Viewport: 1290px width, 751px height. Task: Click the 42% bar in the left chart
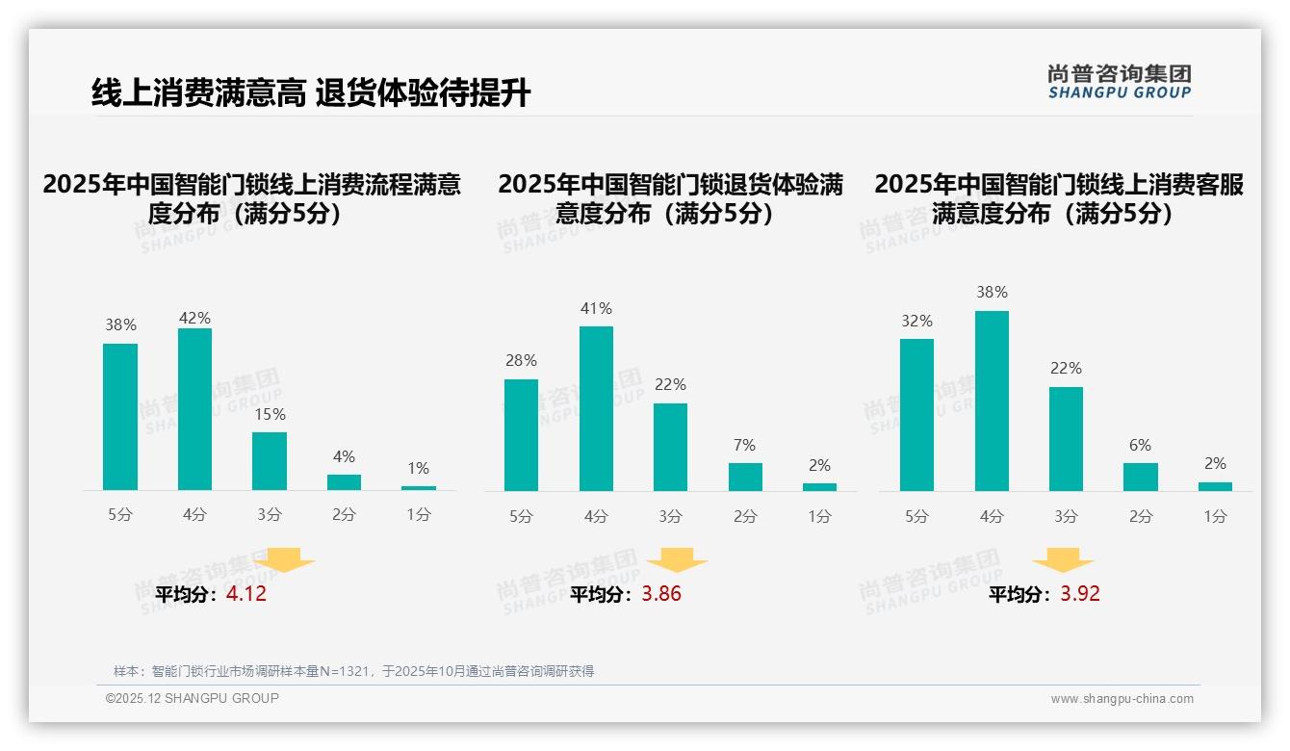194,409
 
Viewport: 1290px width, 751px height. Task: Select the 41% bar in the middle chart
596,409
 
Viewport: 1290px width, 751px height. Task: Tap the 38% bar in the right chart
992,401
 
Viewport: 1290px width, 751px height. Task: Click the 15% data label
270,414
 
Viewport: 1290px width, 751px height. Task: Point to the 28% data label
521,360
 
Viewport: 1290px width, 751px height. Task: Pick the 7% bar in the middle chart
745,477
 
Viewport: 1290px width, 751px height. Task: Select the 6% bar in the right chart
1141,477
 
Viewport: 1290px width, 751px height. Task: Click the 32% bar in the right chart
916,415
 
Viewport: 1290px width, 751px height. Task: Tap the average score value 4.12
246,594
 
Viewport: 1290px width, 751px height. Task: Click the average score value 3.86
661,594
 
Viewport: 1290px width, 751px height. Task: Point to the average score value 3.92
1080,594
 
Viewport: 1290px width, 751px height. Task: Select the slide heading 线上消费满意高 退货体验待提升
311,93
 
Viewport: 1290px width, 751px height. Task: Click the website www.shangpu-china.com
1122,699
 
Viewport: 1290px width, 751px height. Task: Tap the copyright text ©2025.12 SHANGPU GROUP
193,698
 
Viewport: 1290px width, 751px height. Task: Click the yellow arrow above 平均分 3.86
677,560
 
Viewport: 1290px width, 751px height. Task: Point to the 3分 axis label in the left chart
270,515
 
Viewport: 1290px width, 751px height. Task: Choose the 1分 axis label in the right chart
1215,517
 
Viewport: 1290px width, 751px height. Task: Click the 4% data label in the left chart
344,456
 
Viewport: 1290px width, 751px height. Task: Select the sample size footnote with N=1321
353,671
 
